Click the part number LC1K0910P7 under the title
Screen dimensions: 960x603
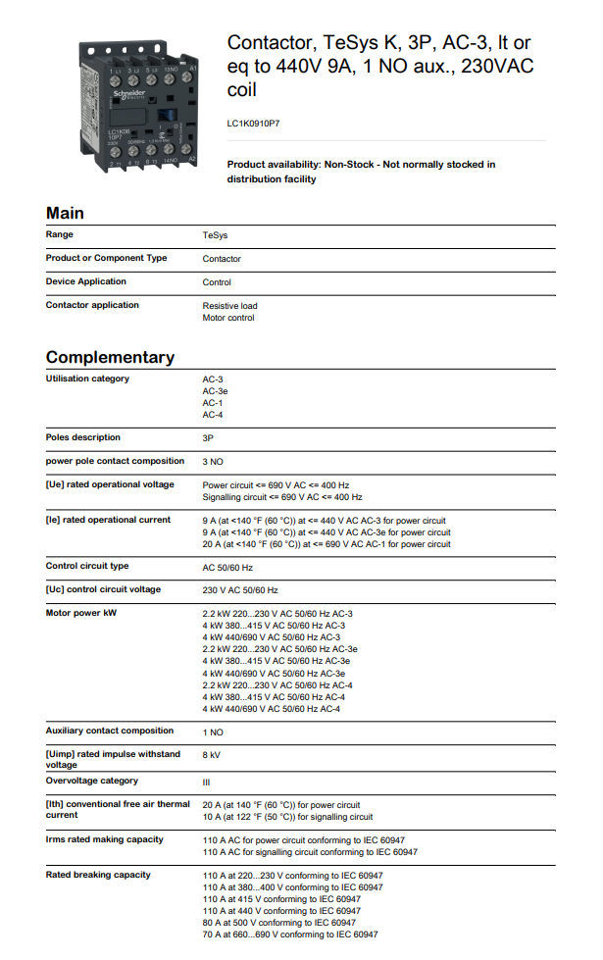(x=254, y=124)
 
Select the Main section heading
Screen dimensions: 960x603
(x=65, y=213)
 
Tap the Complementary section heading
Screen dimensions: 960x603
(x=110, y=357)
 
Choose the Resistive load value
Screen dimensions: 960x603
(x=229, y=306)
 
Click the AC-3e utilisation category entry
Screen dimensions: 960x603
(x=216, y=390)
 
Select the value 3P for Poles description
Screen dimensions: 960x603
(x=209, y=437)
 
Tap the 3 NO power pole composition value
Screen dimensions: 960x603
(x=213, y=461)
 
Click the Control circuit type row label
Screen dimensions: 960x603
(x=87, y=566)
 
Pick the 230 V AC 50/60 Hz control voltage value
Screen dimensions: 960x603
(x=240, y=590)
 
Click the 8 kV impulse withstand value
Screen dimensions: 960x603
(x=212, y=755)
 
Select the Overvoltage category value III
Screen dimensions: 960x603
(x=207, y=782)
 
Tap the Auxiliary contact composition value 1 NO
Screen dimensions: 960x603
(x=213, y=732)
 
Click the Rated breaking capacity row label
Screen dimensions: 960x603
(x=98, y=875)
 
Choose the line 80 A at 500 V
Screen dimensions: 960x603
(x=278, y=923)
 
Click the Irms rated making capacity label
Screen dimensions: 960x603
(x=105, y=839)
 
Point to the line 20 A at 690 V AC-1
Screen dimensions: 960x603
(x=327, y=544)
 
